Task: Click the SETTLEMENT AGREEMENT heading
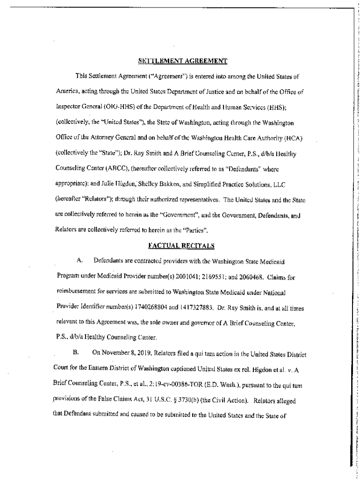coord(182,60)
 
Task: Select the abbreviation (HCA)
coord(295,137)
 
